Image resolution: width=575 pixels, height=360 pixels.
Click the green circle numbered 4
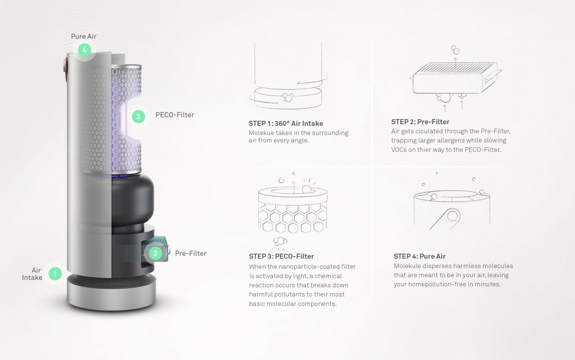pos(84,51)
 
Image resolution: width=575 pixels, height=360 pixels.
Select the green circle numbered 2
pos(156,253)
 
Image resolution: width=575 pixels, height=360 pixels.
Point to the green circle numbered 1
pos(55,274)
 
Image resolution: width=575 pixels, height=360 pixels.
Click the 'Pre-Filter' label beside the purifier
pos(191,253)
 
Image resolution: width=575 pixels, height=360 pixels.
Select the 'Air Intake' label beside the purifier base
pos(33,274)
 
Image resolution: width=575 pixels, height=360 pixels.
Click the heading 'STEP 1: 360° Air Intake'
pos(286,124)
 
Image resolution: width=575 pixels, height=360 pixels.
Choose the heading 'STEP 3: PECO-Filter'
pos(281,257)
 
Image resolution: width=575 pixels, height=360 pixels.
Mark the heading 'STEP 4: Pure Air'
pos(416,257)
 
